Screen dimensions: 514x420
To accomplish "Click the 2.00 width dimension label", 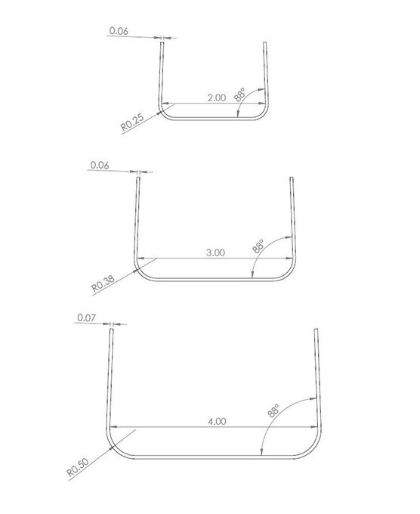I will pos(216,98).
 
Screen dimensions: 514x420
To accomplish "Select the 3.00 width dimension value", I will pos(216,253).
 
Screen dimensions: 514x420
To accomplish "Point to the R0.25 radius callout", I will pos(132,122).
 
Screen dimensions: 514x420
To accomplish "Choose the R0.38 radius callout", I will pos(103,283).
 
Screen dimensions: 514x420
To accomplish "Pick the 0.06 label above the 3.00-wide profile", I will pos(99,165).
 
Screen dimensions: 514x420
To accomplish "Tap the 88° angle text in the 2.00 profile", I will pos(240,94).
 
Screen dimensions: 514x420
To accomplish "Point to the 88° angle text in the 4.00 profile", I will pos(273,412).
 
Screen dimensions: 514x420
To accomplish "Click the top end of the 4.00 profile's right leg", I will pos(316,330).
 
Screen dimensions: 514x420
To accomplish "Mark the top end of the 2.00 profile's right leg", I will pos(264,44).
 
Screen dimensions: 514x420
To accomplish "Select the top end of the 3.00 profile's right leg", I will pos(292,178).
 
